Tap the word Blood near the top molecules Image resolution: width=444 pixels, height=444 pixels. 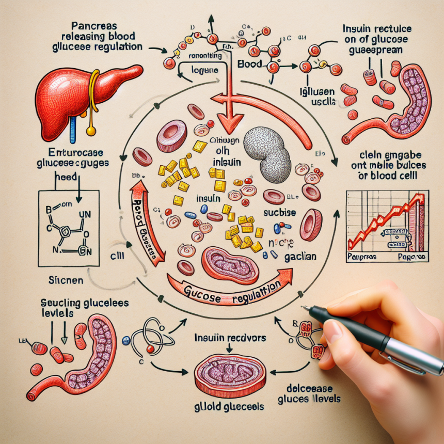click(250, 66)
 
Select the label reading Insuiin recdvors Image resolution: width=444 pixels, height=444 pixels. click(230, 338)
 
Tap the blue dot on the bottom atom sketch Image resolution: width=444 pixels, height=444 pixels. click(125, 341)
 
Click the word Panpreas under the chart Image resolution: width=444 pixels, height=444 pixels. click(362, 256)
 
